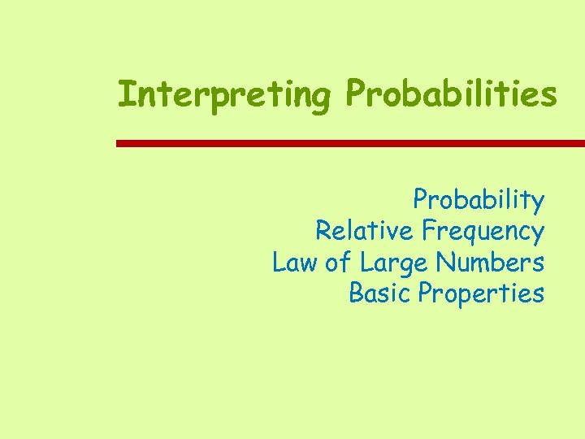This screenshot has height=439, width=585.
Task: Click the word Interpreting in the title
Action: click(x=223, y=94)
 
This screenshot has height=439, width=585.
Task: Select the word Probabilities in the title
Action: click(x=451, y=94)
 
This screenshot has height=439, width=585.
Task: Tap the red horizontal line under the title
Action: click(x=349, y=143)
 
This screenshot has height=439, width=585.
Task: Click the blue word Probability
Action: click(x=479, y=199)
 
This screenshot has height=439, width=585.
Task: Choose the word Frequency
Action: click(x=483, y=232)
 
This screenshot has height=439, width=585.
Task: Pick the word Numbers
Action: click(x=489, y=263)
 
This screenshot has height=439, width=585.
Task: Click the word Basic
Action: click(x=380, y=293)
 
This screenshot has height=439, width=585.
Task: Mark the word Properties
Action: click(x=480, y=293)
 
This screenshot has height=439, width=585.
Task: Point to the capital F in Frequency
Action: click(x=428, y=231)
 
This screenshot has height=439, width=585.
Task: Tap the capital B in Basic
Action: click(x=355, y=293)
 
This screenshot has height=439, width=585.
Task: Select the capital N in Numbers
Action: click(x=444, y=263)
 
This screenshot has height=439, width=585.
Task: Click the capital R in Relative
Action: click(x=323, y=231)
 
